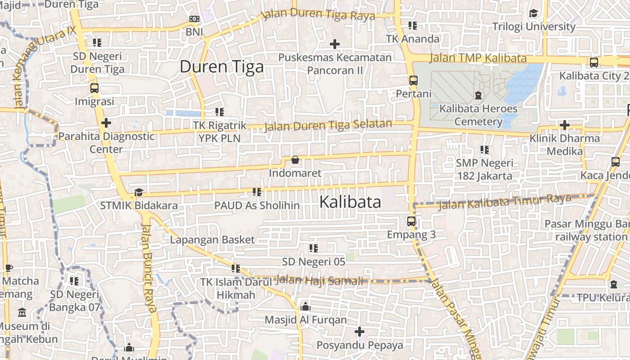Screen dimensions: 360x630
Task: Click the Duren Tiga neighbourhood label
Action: coord(221,67)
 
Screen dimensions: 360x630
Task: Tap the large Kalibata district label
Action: coord(350,202)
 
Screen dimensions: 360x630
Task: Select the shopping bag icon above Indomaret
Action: coord(295,160)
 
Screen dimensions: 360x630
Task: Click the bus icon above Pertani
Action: coord(413,81)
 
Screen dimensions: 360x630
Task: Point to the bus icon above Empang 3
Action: coord(411,221)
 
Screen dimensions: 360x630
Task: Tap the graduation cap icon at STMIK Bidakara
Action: coord(139,192)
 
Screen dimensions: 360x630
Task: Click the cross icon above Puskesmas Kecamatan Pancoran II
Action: coord(334,44)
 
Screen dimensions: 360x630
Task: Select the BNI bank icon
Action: coord(194,19)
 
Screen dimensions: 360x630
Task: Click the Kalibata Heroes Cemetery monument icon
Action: coord(478,95)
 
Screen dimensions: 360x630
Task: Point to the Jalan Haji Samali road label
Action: coord(319,280)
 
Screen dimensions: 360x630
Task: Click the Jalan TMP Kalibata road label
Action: coord(478,58)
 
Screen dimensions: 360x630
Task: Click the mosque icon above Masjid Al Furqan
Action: coord(306,307)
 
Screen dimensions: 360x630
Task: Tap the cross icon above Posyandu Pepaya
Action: coord(359,332)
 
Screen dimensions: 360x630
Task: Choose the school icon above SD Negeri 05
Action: coord(314,248)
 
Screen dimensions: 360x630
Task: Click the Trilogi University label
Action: coord(534,27)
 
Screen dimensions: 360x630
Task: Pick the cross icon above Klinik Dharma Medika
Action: coord(564,125)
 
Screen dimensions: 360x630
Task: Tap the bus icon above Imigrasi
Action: coord(94,88)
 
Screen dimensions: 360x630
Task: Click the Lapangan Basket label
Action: coord(212,240)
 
